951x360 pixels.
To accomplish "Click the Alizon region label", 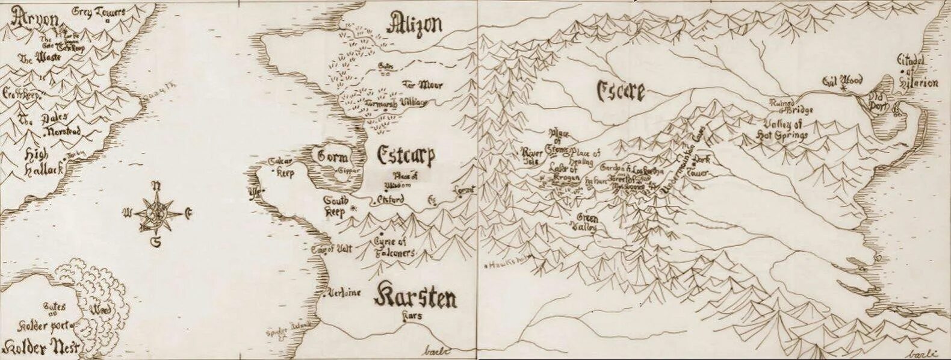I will point(415,25).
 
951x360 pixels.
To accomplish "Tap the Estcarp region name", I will point(406,155).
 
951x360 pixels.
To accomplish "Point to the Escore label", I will point(620,91).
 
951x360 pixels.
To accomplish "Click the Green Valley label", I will point(587,223).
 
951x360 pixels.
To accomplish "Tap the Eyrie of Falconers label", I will point(392,247).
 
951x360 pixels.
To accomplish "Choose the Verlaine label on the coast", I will point(344,293).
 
